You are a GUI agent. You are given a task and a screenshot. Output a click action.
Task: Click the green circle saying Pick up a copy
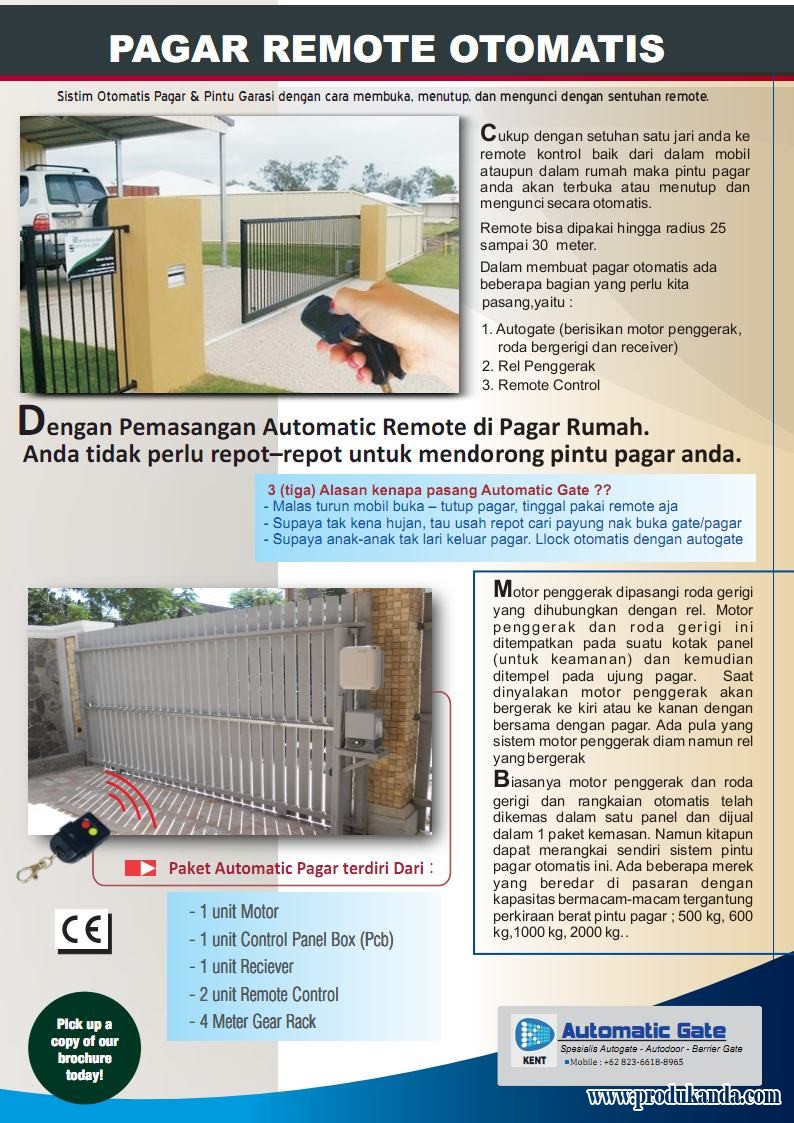[x=84, y=1048]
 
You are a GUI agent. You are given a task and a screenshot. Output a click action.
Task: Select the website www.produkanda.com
[x=684, y=1096]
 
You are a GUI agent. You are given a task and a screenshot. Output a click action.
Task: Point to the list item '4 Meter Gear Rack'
[x=252, y=1022]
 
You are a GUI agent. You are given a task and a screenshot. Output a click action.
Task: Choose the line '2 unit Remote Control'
[x=263, y=994]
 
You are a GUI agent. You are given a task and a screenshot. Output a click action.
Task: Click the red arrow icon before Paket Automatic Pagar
[x=140, y=868]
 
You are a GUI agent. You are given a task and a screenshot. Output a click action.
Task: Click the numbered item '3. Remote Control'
[x=540, y=385]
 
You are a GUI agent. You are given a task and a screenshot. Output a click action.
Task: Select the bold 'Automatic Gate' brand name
[x=643, y=1031]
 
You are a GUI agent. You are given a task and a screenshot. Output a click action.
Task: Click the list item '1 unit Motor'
[x=233, y=911]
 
